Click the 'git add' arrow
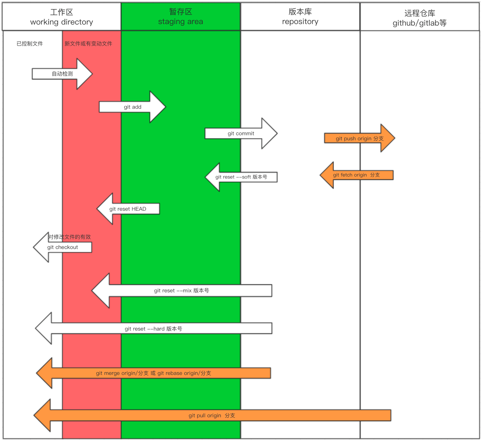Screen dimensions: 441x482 point(132,107)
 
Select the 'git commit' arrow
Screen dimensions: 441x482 point(241,134)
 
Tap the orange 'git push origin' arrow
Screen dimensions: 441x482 point(359,138)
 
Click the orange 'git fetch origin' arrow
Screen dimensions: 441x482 point(356,175)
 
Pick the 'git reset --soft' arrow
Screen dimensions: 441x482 point(241,177)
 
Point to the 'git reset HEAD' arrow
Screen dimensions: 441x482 point(128,209)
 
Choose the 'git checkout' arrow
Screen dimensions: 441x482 point(63,247)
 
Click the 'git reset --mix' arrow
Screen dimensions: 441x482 point(181,290)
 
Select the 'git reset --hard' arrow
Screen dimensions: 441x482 point(153,329)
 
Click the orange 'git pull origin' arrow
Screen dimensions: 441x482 point(211,415)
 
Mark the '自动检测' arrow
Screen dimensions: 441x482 point(62,74)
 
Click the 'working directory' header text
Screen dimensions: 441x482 point(62,22)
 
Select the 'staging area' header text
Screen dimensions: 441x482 point(180,22)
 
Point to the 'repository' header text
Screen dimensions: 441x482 point(300,22)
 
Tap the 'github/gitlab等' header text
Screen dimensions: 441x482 point(419,23)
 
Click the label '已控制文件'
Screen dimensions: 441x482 point(30,44)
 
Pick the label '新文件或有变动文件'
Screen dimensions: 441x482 point(88,44)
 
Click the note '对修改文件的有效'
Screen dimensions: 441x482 point(69,237)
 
